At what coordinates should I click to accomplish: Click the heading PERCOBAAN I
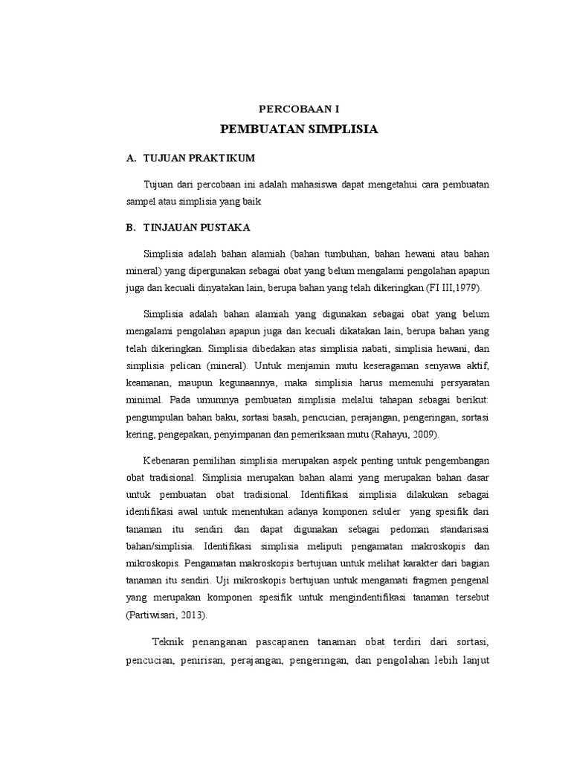click(299, 109)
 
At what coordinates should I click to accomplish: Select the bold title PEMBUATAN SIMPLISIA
click(299, 129)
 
